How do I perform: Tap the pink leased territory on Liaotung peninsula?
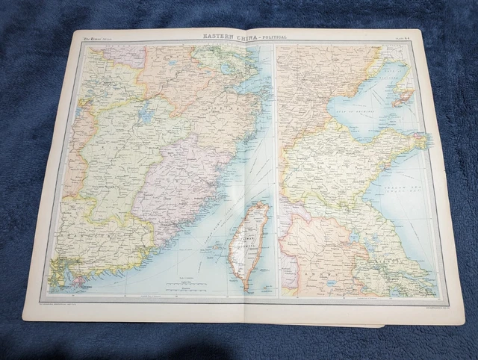403,96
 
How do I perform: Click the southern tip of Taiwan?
245,285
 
